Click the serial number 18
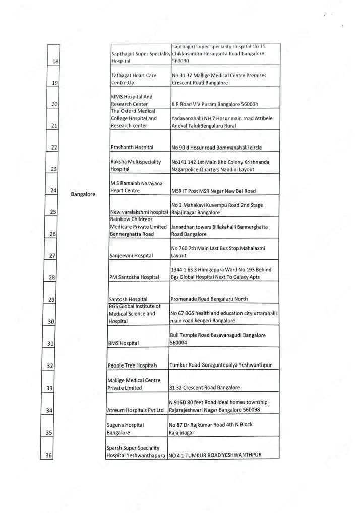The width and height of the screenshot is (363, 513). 56,61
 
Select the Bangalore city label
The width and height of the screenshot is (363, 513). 83,194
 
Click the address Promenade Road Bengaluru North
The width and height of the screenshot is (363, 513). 209,299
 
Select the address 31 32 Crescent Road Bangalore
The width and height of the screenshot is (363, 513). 205,388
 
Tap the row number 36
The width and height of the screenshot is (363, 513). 49,456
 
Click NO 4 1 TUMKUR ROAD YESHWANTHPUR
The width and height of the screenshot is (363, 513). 215,456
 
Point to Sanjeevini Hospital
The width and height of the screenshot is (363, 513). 131,256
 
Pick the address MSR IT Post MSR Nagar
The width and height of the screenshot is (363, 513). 213,191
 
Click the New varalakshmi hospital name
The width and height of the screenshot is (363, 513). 139,212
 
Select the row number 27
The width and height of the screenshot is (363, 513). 52,256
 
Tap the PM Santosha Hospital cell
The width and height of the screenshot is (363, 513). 134,277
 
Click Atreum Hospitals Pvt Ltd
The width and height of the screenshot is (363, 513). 136,410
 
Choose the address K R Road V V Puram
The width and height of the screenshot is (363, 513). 215,104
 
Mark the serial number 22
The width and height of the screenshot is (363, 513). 54,148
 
